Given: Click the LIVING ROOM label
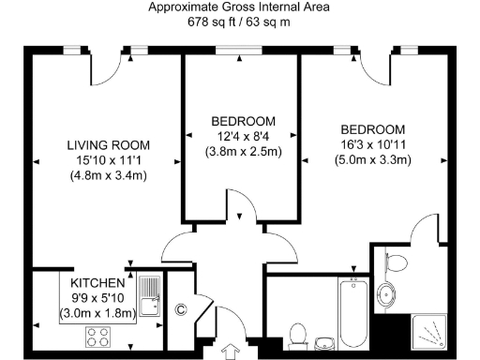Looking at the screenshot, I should pyautogui.click(x=109, y=144).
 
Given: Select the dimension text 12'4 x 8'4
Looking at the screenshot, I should pyautogui.click(x=243, y=136).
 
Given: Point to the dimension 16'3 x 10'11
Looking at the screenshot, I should pyautogui.click(x=372, y=144).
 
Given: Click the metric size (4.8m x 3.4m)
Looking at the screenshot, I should pyautogui.click(x=109, y=174).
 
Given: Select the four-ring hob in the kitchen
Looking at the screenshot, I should pyautogui.click(x=98, y=336).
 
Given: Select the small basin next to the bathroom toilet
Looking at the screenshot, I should pyautogui.click(x=324, y=340).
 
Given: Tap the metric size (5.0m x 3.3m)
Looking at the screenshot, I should pyautogui.click(x=372, y=159).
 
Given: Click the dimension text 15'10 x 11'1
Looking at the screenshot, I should pyautogui.click(x=109, y=159).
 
